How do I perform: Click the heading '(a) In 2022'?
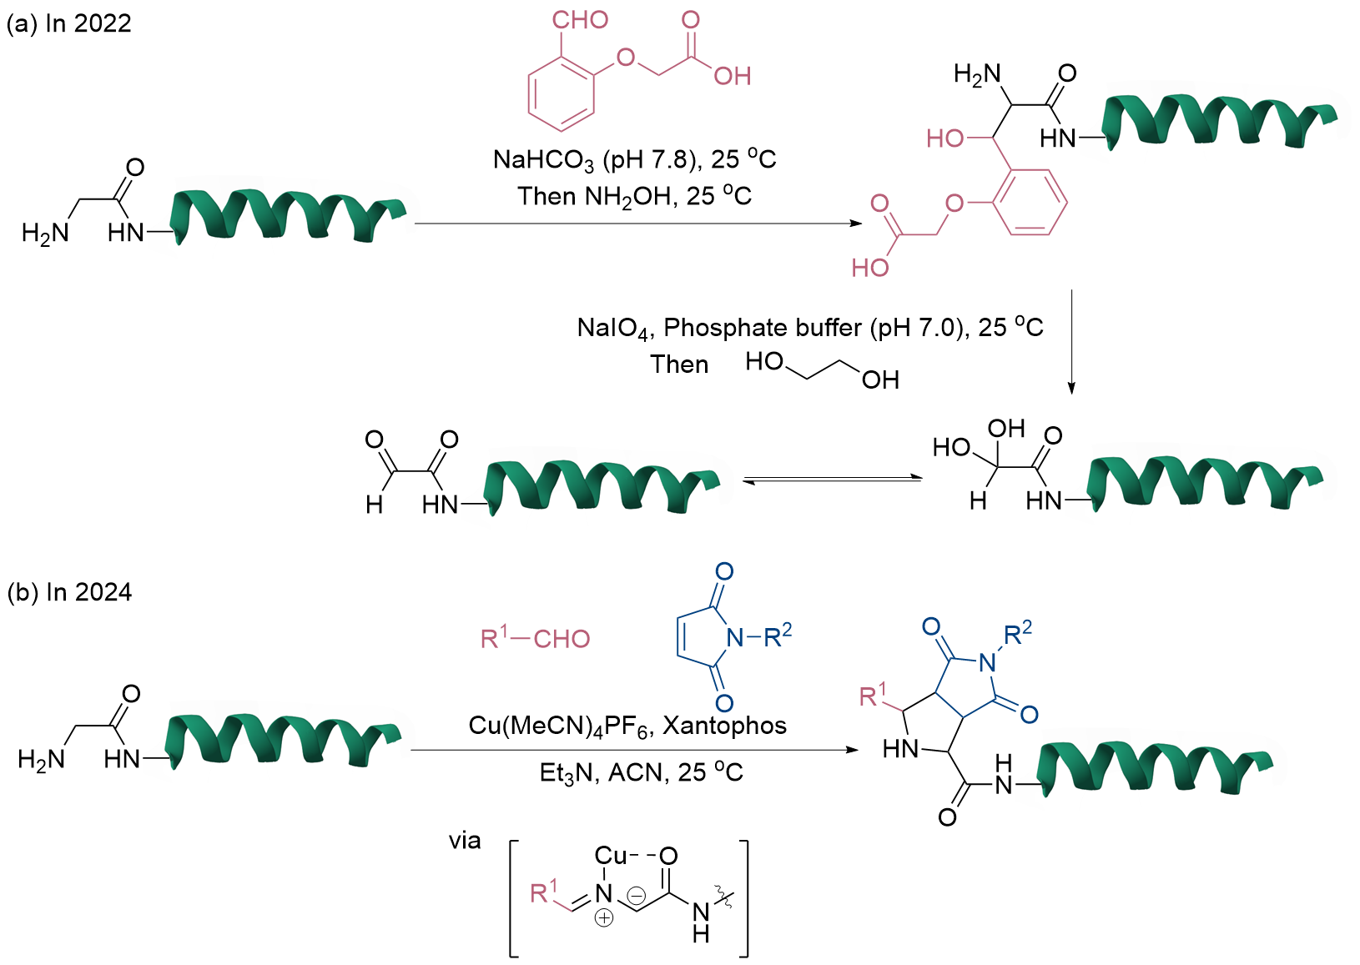[x=68, y=23]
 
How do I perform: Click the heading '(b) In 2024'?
[x=69, y=592]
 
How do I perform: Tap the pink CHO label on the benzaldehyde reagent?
[x=580, y=20]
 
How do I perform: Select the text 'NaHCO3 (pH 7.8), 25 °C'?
[x=634, y=158]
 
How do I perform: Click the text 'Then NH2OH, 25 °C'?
[x=634, y=196]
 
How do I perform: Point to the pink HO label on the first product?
[x=944, y=138]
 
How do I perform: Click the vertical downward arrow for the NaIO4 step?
[x=1071, y=342]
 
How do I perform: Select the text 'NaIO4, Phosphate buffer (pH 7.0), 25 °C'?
[x=809, y=328]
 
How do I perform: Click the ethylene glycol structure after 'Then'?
[x=823, y=369]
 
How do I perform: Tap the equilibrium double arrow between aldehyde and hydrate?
[x=832, y=480]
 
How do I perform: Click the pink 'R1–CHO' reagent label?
[x=535, y=639]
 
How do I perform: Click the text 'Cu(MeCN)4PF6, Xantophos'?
[x=627, y=726]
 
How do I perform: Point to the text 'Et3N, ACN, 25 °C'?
[x=641, y=773]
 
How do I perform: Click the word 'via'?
[x=465, y=841]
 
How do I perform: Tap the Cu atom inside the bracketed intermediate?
[x=610, y=856]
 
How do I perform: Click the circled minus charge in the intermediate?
[x=636, y=897]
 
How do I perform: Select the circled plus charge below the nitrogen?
[x=604, y=918]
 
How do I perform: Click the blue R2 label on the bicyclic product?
[x=1017, y=635]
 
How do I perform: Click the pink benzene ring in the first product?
[x=1030, y=203]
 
